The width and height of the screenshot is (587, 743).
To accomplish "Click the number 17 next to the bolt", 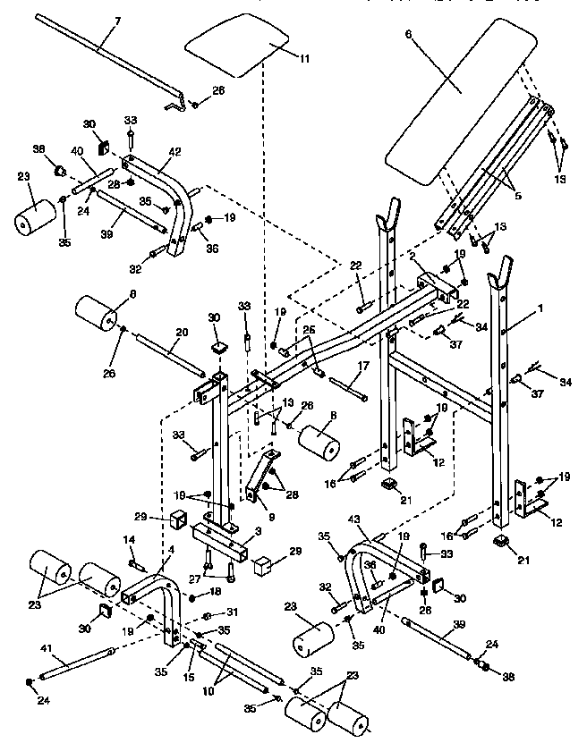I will tap(363, 366).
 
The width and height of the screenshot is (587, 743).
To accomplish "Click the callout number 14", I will tap(128, 540).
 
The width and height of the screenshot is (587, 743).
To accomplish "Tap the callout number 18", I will tap(217, 592).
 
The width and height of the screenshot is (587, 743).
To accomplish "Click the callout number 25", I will tap(309, 331).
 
